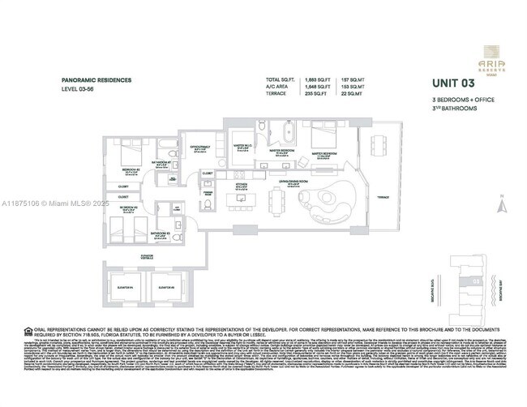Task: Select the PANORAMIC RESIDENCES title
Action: tap(95, 81)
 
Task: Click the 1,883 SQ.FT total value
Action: tap(294, 79)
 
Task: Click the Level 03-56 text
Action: tap(78, 88)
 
